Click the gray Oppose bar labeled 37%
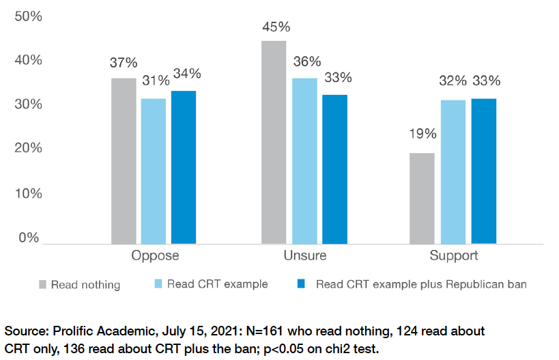[x=124, y=161]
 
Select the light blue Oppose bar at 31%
[x=154, y=171]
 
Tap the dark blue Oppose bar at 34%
[x=184, y=167]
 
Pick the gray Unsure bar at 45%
[x=274, y=142]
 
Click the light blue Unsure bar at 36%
[x=304, y=161]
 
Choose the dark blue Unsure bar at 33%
[x=334, y=169]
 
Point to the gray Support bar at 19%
[x=422, y=198]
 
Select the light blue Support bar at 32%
[x=453, y=171]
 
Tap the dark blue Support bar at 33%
[x=483, y=171]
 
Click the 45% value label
[x=276, y=27]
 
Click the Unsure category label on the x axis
[x=304, y=256]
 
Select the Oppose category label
[x=155, y=256]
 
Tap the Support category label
[x=453, y=256]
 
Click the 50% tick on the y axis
[x=28, y=16]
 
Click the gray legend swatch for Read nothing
[x=43, y=284]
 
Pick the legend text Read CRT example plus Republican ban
[x=420, y=284]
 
